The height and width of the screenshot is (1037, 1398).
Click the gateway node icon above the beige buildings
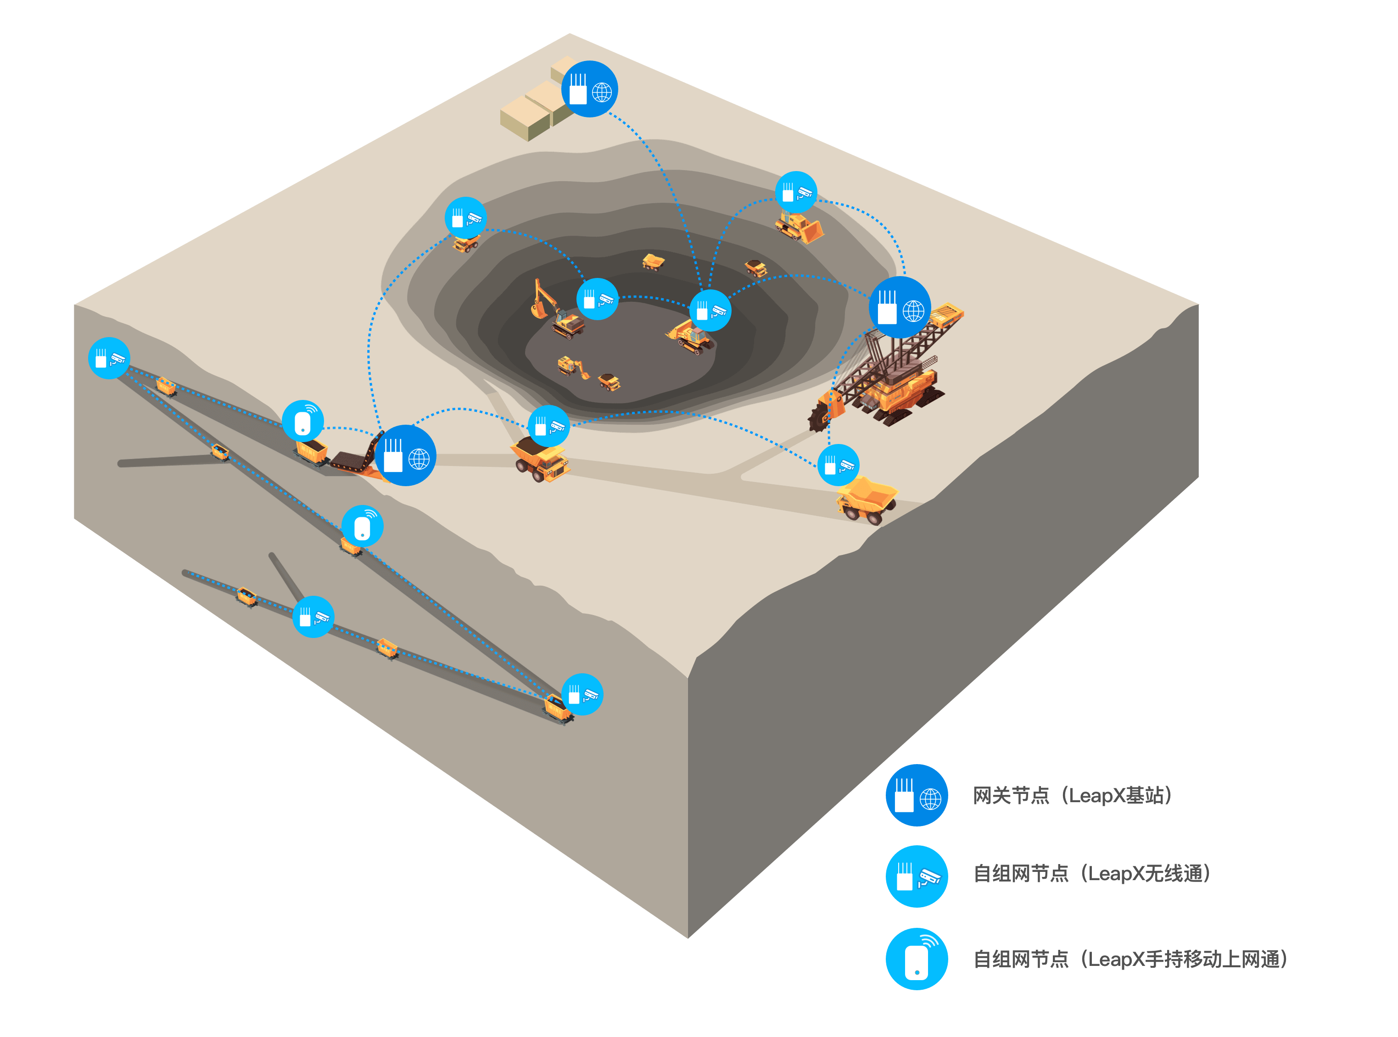pos(589,89)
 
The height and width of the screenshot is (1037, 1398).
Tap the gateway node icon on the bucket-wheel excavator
pos(900,307)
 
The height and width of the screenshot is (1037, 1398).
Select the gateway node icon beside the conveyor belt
pos(405,456)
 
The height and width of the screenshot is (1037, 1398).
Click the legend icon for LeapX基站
pos(916,795)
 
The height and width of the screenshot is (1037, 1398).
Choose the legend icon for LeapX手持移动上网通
pos(916,959)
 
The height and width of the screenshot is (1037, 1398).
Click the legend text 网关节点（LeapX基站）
pos(1072,796)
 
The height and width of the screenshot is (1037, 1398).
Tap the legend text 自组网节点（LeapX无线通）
pos(1091,874)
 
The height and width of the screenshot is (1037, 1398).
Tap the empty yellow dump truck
pos(867,499)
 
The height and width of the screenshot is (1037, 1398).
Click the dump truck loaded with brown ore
pos(539,460)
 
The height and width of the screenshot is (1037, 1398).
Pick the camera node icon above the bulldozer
pos(796,191)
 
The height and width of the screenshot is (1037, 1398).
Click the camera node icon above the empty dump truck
pos(838,465)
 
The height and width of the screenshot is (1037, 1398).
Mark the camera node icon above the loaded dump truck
pos(548,426)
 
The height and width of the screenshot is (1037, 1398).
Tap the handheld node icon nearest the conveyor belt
pos(303,420)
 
